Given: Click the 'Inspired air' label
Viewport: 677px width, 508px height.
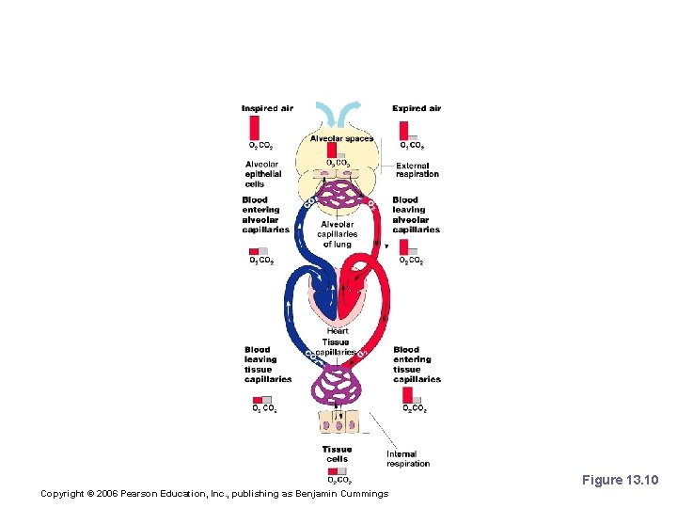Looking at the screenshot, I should pos(267,108).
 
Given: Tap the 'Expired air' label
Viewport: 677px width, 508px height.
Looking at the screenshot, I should pos(417,108).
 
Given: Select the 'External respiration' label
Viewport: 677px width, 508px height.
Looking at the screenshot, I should pos(417,170).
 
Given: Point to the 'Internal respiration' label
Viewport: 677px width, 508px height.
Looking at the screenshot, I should pos(408,459).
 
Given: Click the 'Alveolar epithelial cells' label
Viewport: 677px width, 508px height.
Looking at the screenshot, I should pos(262,174).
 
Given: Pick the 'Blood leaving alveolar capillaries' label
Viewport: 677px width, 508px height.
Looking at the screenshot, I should pos(416,214).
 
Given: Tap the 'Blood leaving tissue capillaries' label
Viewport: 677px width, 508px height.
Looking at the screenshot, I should pos(268,365).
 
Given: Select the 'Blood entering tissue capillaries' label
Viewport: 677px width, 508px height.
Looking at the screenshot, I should pos(417,365).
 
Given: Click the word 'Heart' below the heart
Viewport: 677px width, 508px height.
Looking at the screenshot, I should pos(338,331).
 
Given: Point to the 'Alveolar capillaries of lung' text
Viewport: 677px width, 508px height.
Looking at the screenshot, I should pos(337,234).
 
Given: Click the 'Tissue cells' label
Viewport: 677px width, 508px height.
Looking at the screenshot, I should pos(337,454).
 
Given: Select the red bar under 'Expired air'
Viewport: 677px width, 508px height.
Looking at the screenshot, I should pos(404,128).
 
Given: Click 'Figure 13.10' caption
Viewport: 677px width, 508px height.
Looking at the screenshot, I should pos(621,481).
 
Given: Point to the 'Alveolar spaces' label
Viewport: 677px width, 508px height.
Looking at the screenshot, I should pos(342,138).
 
